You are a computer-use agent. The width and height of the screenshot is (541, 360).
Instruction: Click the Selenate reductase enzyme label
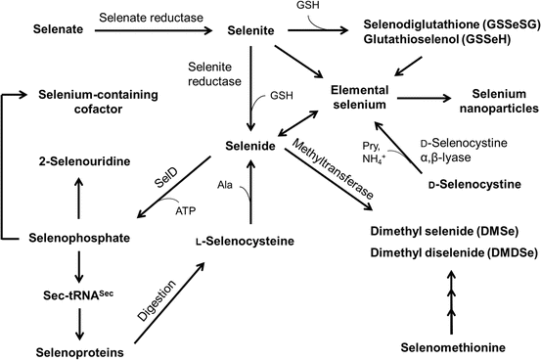142,19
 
